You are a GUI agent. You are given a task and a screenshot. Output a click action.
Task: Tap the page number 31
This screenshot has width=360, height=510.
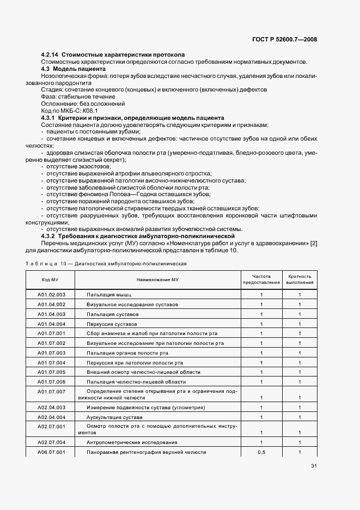pos(314,465)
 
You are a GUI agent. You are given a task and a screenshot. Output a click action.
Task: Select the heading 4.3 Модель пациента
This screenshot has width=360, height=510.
pos(70,69)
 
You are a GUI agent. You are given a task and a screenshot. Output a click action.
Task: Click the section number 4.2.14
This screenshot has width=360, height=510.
pos(50,54)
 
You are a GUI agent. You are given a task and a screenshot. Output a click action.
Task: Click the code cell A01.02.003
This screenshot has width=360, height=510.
pos(51,294)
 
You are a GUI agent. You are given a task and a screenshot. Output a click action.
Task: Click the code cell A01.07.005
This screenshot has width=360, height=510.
pos(51,372)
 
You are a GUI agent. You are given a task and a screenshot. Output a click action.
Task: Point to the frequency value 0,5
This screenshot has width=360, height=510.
pos(261,452)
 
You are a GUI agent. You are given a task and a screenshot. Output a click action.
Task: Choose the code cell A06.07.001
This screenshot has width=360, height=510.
pos(51,452)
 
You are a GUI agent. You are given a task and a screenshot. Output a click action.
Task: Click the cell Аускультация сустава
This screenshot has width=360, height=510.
pos(115,417)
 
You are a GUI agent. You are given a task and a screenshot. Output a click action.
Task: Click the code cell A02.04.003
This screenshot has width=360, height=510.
pos(51,407)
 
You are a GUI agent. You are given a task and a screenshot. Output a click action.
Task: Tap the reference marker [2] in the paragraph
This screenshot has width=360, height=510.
pos(313,243)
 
